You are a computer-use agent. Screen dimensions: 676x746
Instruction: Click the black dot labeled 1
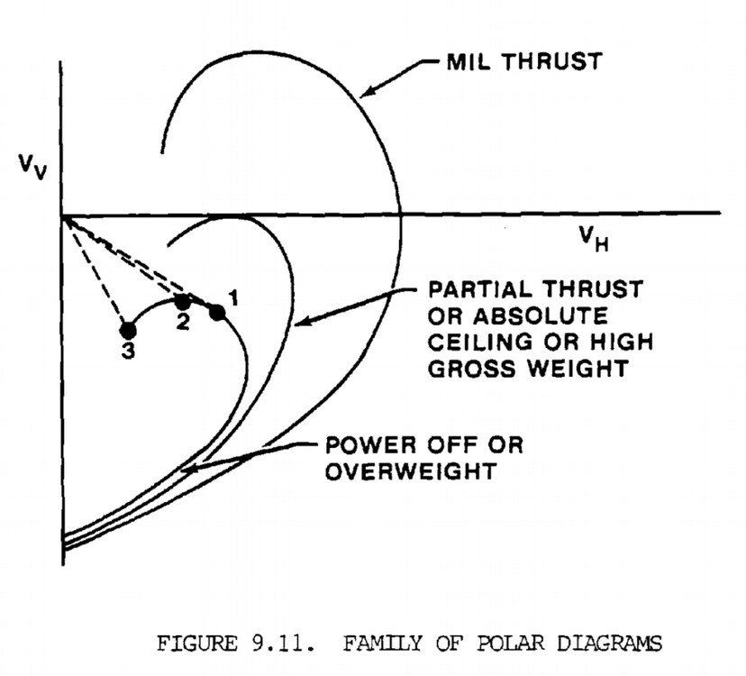point(217,312)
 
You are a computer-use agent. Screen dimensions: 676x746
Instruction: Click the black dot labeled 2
point(182,301)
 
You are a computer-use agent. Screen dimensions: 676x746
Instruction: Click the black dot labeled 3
point(128,330)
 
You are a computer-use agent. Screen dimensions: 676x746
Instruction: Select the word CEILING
point(481,344)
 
